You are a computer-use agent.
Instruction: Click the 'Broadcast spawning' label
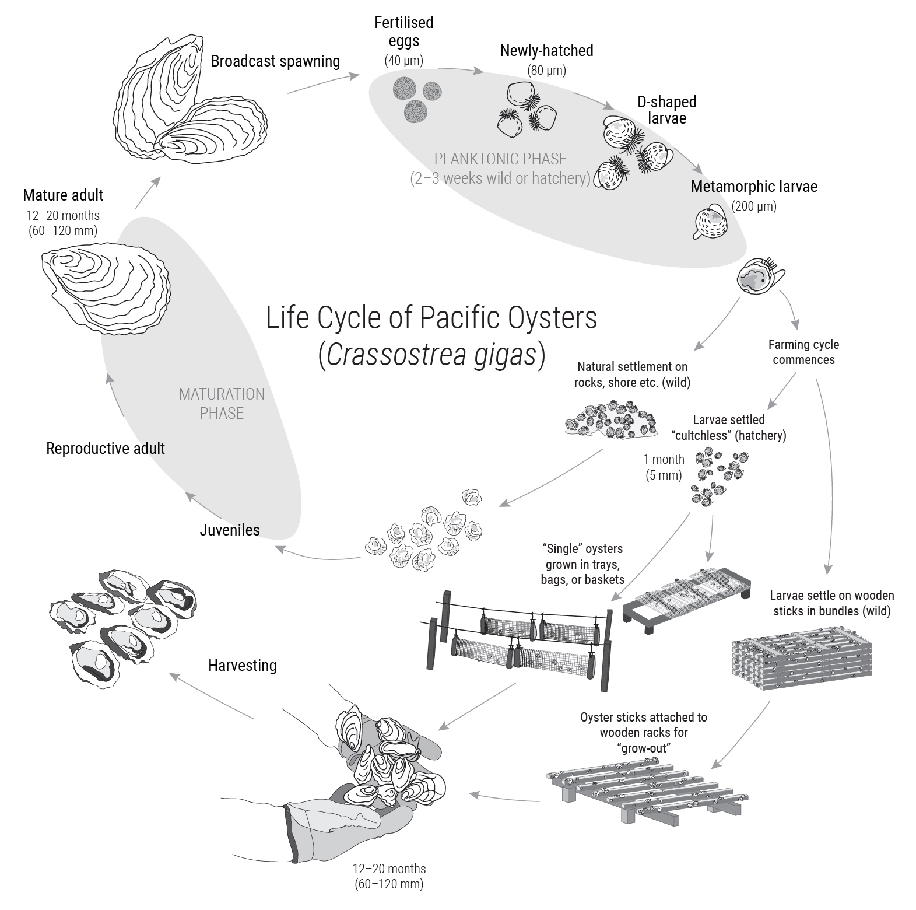[x=275, y=61]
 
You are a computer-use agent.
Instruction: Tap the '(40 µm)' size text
[x=403, y=60]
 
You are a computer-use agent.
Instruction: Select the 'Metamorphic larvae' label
[x=753, y=187]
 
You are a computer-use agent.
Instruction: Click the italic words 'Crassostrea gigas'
[x=431, y=355]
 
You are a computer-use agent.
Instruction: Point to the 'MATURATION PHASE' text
[x=222, y=404]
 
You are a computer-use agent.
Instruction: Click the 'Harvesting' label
[x=242, y=666]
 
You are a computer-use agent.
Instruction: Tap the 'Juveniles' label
[x=229, y=530]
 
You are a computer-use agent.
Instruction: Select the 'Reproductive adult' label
[x=106, y=449]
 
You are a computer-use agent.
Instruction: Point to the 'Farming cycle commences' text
[x=803, y=352]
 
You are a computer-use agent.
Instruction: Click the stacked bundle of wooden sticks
[x=802, y=656]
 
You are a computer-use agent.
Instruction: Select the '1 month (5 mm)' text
[x=664, y=467]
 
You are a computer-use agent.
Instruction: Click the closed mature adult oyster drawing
[x=105, y=289]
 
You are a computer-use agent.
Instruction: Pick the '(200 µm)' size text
[x=754, y=206]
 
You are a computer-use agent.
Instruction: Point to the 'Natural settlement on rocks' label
[x=632, y=374]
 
